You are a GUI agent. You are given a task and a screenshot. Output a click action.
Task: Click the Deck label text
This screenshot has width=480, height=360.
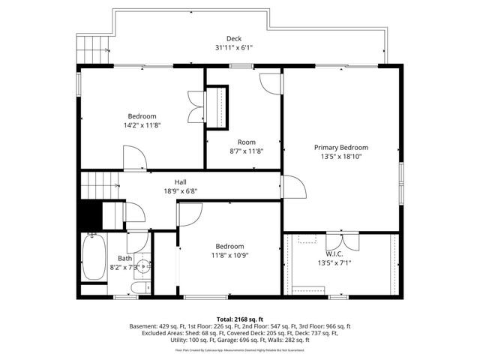tap(234, 39)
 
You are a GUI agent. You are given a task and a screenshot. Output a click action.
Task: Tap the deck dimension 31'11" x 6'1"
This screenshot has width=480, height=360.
tap(234, 48)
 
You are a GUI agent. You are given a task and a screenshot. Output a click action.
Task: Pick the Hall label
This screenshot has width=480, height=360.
tap(181, 182)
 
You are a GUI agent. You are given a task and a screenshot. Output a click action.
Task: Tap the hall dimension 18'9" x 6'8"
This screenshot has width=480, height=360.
tap(181, 191)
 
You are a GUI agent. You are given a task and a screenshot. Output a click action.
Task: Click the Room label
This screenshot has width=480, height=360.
tap(247, 142)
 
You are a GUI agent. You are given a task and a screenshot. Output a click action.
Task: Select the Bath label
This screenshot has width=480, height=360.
tap(124, 259)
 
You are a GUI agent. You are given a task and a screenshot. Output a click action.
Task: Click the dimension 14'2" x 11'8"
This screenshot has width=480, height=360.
tap(142, 125)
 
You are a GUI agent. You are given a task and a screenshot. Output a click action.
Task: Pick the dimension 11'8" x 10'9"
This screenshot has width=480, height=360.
tap(229, 256)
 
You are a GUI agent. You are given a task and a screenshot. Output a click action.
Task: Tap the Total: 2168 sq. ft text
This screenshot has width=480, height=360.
tap(240, 319)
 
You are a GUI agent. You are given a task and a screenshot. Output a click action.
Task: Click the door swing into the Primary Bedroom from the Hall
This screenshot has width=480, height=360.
tap(293, 186)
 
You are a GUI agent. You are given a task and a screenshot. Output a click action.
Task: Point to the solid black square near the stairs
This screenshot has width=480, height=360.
tap(91, 216)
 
